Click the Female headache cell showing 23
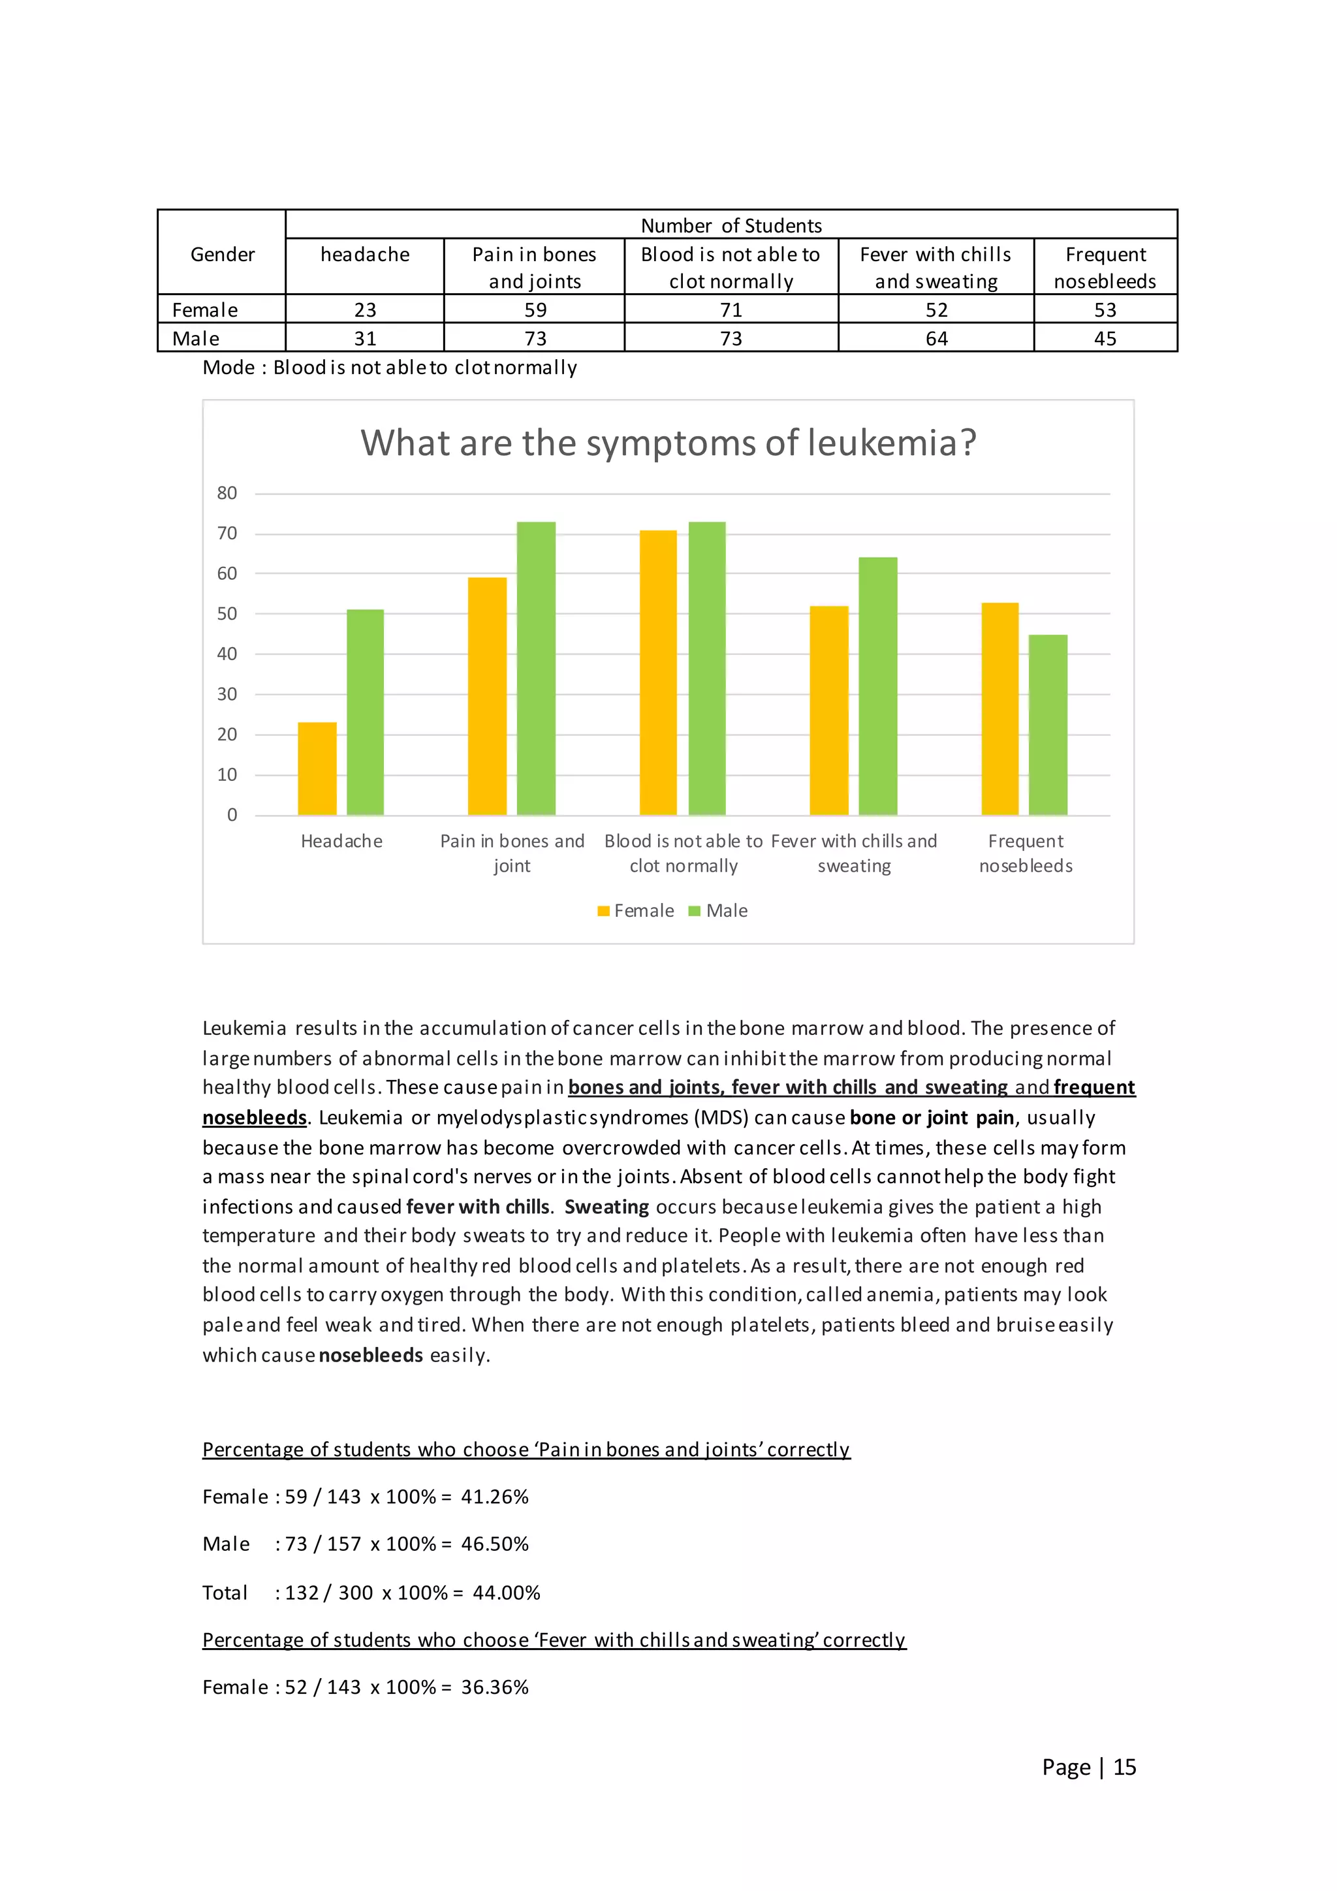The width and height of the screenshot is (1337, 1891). coord(365,310)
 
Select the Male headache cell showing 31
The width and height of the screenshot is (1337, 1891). coord(365,338)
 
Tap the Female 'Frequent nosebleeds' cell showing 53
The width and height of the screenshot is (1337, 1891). coord(1105,310)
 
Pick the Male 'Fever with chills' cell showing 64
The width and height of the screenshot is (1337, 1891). coord(936,338)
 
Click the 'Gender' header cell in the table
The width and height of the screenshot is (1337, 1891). coord(222,255)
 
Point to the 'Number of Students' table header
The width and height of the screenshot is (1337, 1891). coord(731,225)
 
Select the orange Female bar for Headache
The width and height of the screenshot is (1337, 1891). coord(317,769)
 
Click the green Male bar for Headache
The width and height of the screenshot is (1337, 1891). coord(365,712)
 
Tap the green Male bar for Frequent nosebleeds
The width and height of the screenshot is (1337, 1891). coord(1048,725)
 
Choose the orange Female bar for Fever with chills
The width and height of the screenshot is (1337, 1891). coord(829,710)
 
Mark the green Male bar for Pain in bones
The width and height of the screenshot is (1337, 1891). coord(536,668)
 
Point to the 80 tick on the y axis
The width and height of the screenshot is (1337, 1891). coord(227,494)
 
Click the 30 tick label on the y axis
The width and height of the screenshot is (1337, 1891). coord(227,694)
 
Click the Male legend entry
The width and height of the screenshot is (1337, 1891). coord(719,911)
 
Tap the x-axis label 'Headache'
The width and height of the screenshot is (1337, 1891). coord(341,841)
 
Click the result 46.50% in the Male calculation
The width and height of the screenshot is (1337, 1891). coord(495,1544)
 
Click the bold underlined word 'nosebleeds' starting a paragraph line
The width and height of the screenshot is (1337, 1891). coord(255,1118)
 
